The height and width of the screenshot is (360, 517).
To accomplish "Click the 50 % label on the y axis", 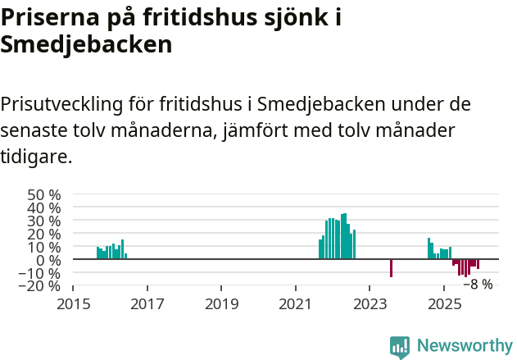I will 44,195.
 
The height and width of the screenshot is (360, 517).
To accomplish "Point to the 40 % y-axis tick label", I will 44,208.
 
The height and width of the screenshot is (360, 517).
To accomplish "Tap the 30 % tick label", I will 44,221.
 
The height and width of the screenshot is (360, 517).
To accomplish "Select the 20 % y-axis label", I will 44,235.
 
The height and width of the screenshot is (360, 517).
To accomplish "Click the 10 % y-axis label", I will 44,248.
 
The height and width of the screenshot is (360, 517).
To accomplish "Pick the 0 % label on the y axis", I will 48,260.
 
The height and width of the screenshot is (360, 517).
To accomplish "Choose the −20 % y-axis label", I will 40,285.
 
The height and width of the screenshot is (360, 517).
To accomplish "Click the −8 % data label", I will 478,285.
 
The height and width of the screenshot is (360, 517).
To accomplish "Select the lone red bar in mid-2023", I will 391,268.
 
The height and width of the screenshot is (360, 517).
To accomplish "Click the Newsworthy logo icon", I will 400,347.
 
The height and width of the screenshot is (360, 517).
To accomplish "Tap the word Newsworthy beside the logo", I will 464,346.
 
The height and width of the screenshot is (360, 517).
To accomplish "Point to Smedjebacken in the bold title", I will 86,44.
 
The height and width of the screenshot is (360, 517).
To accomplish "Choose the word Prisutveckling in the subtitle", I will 62,105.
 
